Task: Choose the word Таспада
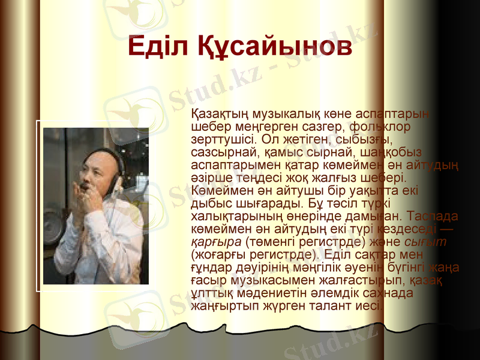(432, 215)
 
